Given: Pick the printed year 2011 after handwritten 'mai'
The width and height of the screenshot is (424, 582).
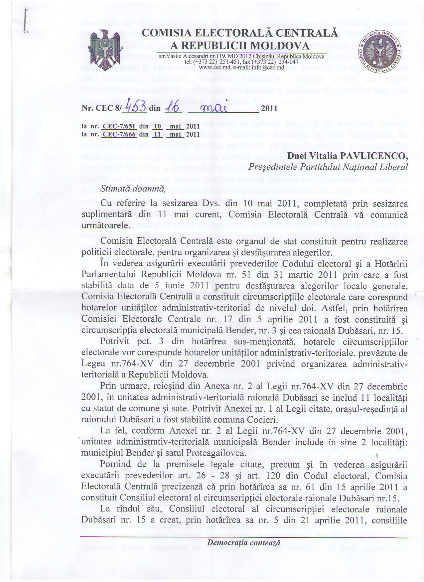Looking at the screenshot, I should [x=269, y=108].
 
